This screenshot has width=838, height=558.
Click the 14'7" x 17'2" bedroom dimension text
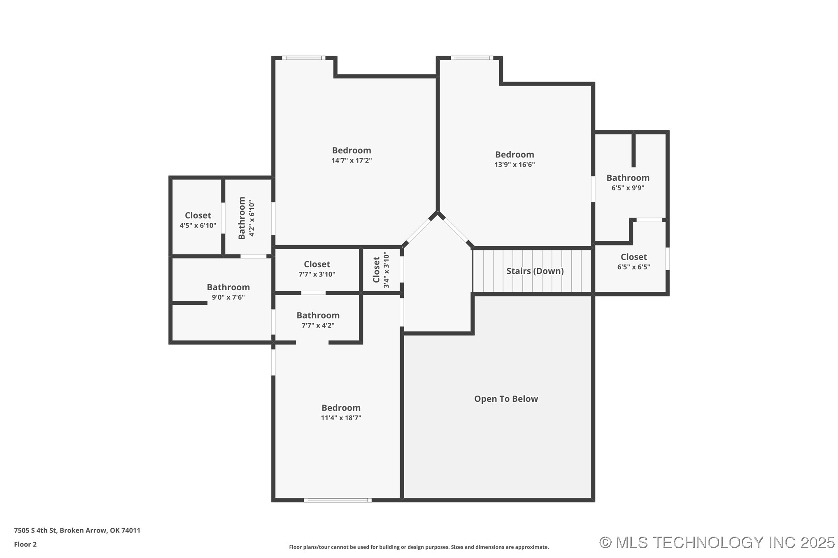[351, 161]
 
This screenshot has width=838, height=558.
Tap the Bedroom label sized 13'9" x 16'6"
[514, 155]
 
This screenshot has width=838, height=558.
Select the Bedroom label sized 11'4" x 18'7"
[341, 408]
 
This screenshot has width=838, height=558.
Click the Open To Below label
[506, 399]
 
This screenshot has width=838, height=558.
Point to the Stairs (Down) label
[535, 271]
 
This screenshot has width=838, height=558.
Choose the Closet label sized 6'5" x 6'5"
[633, 257]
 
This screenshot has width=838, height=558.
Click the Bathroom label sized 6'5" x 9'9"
[628, 178]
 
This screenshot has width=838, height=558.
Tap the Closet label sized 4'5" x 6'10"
[198, 215]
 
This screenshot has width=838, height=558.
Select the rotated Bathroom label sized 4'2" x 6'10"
[242, 218]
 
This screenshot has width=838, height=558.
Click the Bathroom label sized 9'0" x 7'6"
[228, 287]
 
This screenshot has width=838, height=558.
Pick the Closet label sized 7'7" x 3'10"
[317, 264]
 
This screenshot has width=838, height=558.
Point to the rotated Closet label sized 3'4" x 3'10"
[376, 270]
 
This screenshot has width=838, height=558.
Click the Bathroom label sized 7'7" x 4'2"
[318, 315]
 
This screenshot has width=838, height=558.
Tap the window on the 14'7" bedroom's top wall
[304, 58]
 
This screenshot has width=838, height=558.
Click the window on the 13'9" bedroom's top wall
[472, 58]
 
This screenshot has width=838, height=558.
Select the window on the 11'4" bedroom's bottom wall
[338, 500]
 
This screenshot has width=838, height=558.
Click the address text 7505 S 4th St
[77, 530]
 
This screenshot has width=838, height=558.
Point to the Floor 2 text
[25, 544]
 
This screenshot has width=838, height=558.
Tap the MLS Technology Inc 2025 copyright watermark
[717, 543]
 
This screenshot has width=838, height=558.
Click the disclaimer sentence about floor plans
[419, 547]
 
